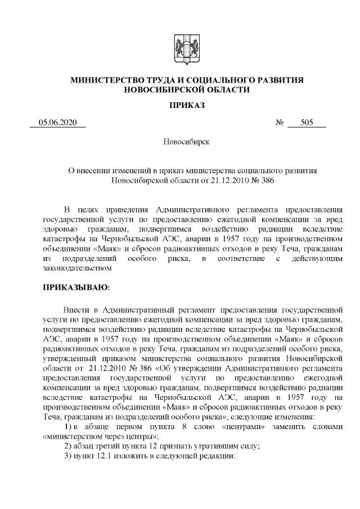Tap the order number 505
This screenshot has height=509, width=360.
(x=307, y=123)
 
